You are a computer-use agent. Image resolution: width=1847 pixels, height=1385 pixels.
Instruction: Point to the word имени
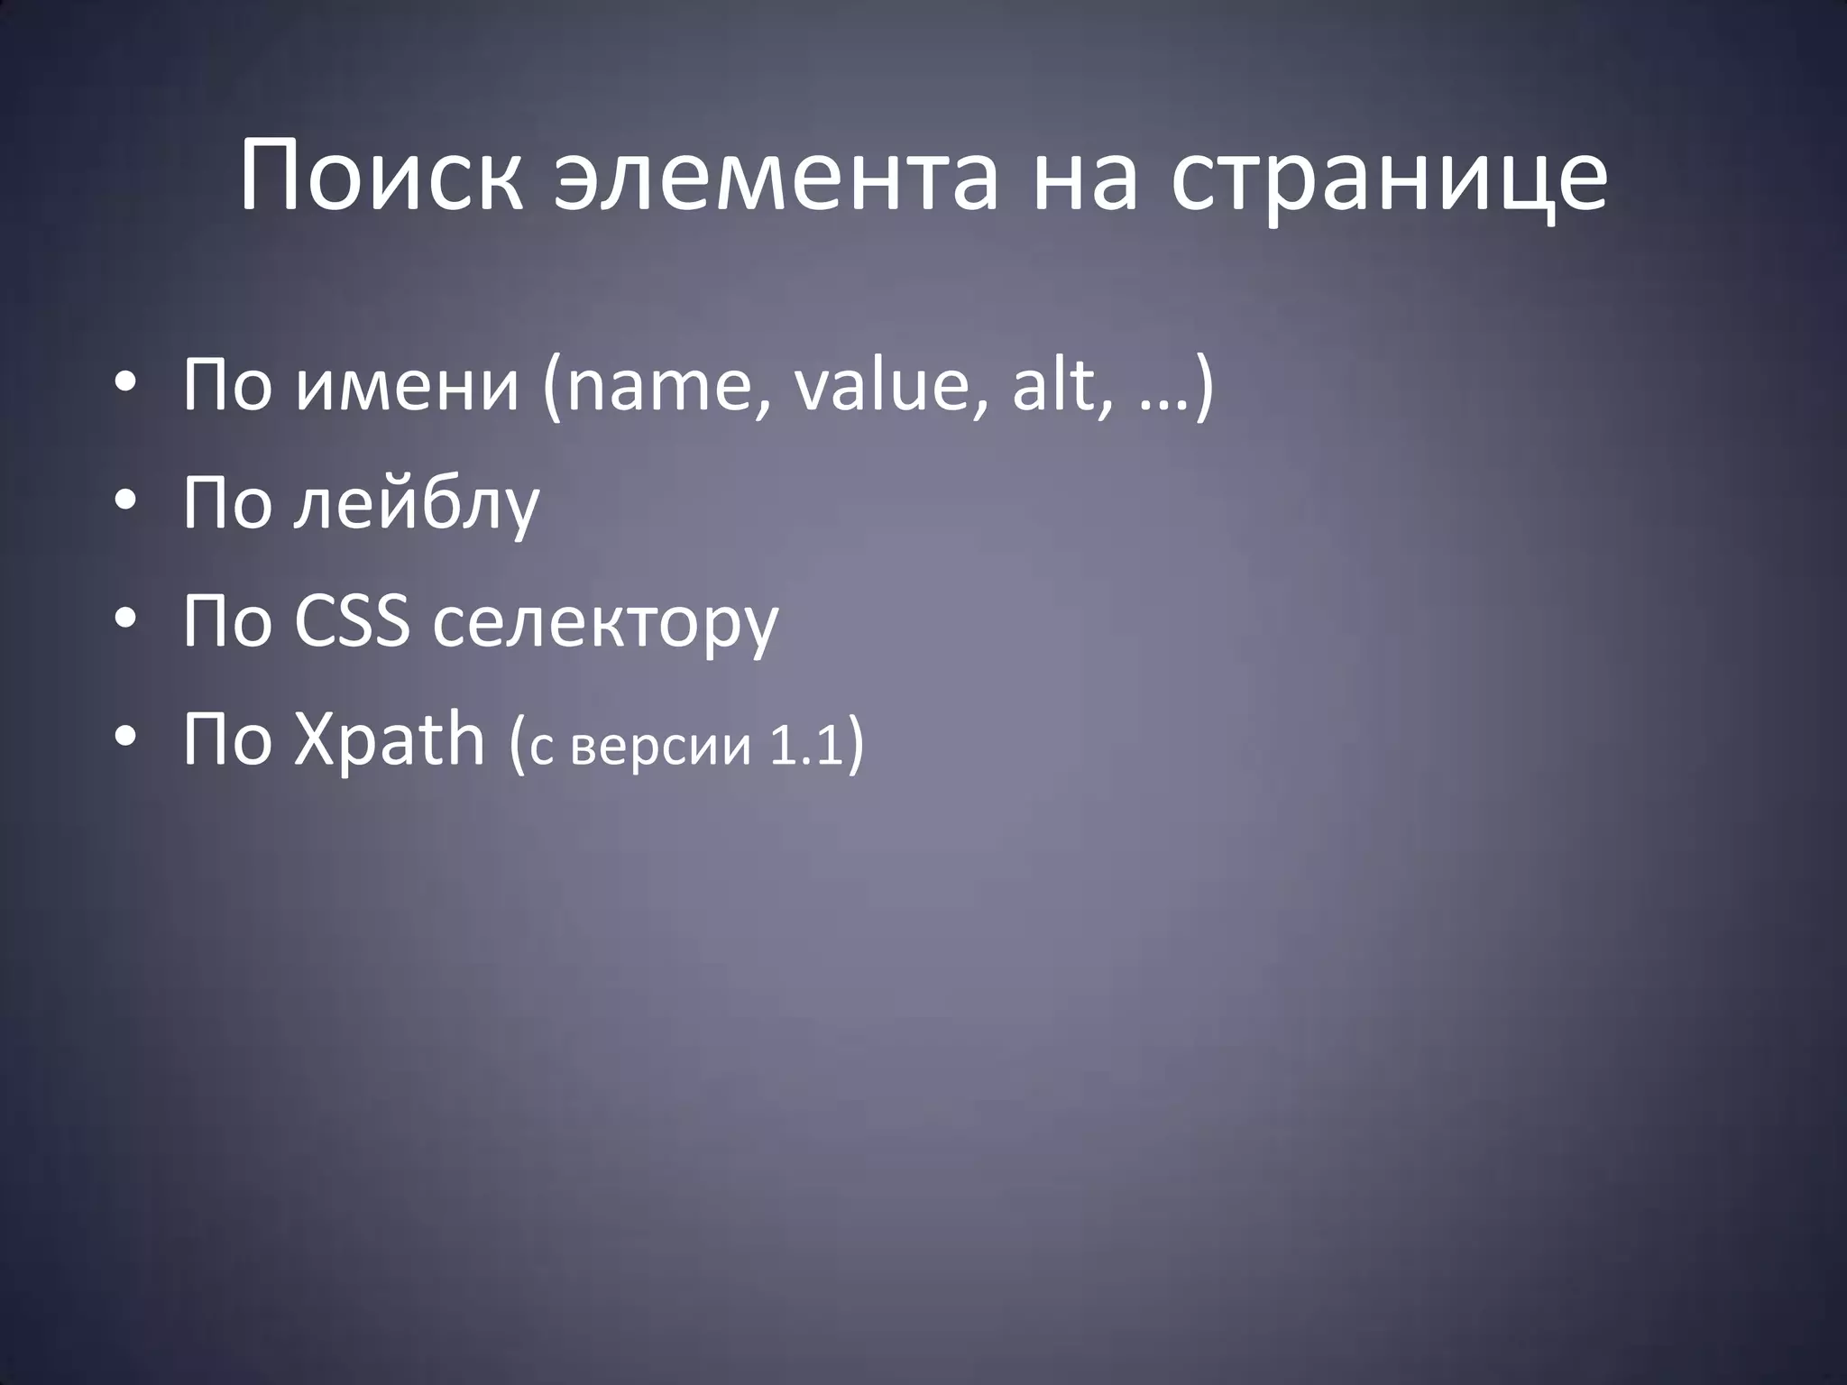click(408, 385)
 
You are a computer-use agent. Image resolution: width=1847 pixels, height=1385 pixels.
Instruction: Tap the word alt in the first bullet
click(1052, 385)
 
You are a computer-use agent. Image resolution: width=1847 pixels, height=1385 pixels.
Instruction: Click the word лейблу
click(417, 505)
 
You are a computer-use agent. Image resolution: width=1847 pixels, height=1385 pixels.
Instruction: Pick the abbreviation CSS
click(351, 621)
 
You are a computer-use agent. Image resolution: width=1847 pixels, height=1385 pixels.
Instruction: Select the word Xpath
click(390, 742)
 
